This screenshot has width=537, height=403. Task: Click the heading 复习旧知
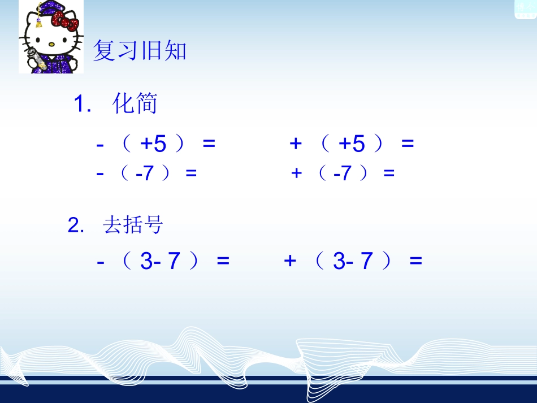[139, 51]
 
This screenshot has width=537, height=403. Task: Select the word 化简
[135, 104]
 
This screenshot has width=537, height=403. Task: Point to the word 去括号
[133, 225]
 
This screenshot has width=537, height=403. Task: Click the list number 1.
[80, 105]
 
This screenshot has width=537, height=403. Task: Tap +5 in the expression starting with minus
[153, 145]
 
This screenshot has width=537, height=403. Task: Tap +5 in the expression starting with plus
[352, 145]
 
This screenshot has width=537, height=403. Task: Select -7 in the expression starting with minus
[145, 174]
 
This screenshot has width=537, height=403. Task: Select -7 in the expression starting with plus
[343, 174]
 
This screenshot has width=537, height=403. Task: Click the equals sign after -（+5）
[209, 145]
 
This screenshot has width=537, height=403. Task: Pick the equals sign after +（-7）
[388, 174]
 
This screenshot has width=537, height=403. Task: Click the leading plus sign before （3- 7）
[290, 261]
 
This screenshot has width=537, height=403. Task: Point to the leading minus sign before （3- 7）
[101, 262]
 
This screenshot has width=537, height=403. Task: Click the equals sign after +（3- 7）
[416, 262]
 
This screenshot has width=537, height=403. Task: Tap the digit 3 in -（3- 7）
[146, 262]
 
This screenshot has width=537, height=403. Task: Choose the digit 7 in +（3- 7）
[367, 262]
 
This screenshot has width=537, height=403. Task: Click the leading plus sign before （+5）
[295, 144]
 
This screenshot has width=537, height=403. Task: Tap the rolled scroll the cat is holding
[32, 59]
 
